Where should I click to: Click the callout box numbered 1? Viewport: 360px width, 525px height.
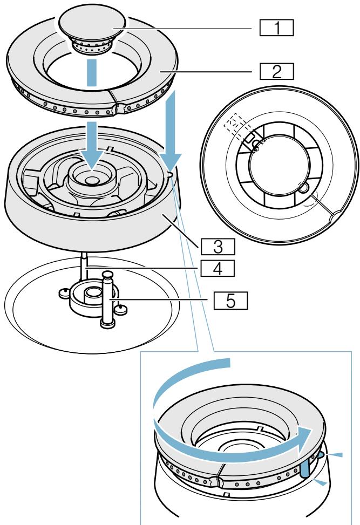click(x=275, y=28)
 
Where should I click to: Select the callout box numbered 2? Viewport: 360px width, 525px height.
click(x=275, y=72)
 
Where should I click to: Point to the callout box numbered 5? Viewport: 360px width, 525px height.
click(x=229, y=300)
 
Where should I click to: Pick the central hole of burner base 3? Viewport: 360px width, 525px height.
click(x=91, y=178)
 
